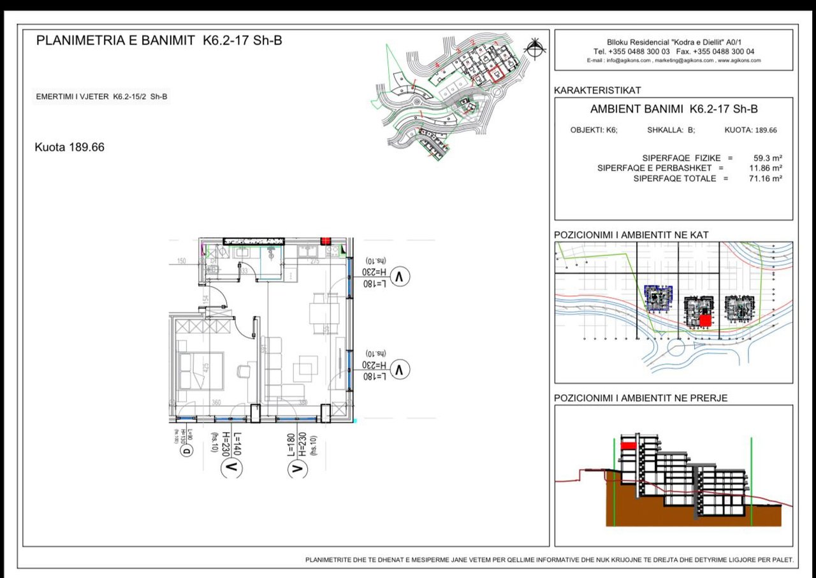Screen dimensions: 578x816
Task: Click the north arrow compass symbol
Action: pyautogui.click(x=534, y=47)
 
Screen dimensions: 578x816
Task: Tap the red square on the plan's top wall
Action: pyautogui.click(x=326, y=241)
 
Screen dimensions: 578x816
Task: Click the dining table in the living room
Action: pyautogui.click(x=321, y=313)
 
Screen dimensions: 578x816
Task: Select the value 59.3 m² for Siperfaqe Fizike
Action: pyautogui.click(x=768, y=157)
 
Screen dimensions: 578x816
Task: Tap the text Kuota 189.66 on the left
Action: pyautogui.click(x=69, y=147)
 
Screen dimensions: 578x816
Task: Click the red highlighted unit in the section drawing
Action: pyautogui.click(x=629, y=446)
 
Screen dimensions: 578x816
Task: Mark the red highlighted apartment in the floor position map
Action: pyautogui.click(x=704, y=321)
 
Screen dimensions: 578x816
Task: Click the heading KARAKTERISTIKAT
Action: pyautogui.click(x=597, y=90)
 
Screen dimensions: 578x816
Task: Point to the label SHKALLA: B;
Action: pyautogui.click(x=671, y=130)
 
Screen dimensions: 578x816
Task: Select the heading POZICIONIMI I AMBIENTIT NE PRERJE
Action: pyautogui.click(x=641, y=398)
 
